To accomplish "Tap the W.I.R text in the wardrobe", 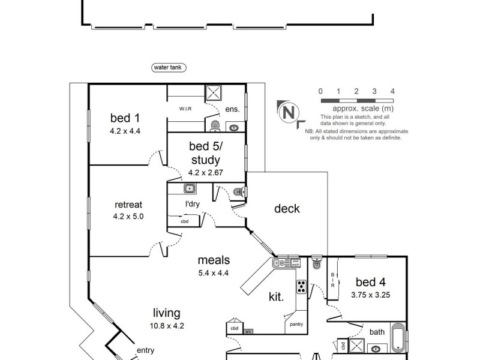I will (x=185, y=109).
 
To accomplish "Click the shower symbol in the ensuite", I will (x=214, y=93).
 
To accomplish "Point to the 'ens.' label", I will (x=232, y=109).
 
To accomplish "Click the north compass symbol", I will (x=289, y=112).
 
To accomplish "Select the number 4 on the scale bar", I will (x=392, y=91).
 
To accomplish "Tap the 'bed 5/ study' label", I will (x=205, y=153).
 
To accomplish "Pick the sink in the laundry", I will (x=189, y=189).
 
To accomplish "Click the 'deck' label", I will (x=287, y=209).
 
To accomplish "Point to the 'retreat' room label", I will (x=127, y=204).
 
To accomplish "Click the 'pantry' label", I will (x=296, y=325).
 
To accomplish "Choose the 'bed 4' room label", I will (x=370, y=281).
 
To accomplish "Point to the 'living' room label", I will (x=166, y=313).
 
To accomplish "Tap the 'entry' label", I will (x=145, y=351).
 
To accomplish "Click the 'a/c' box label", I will (x=248, y=331).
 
